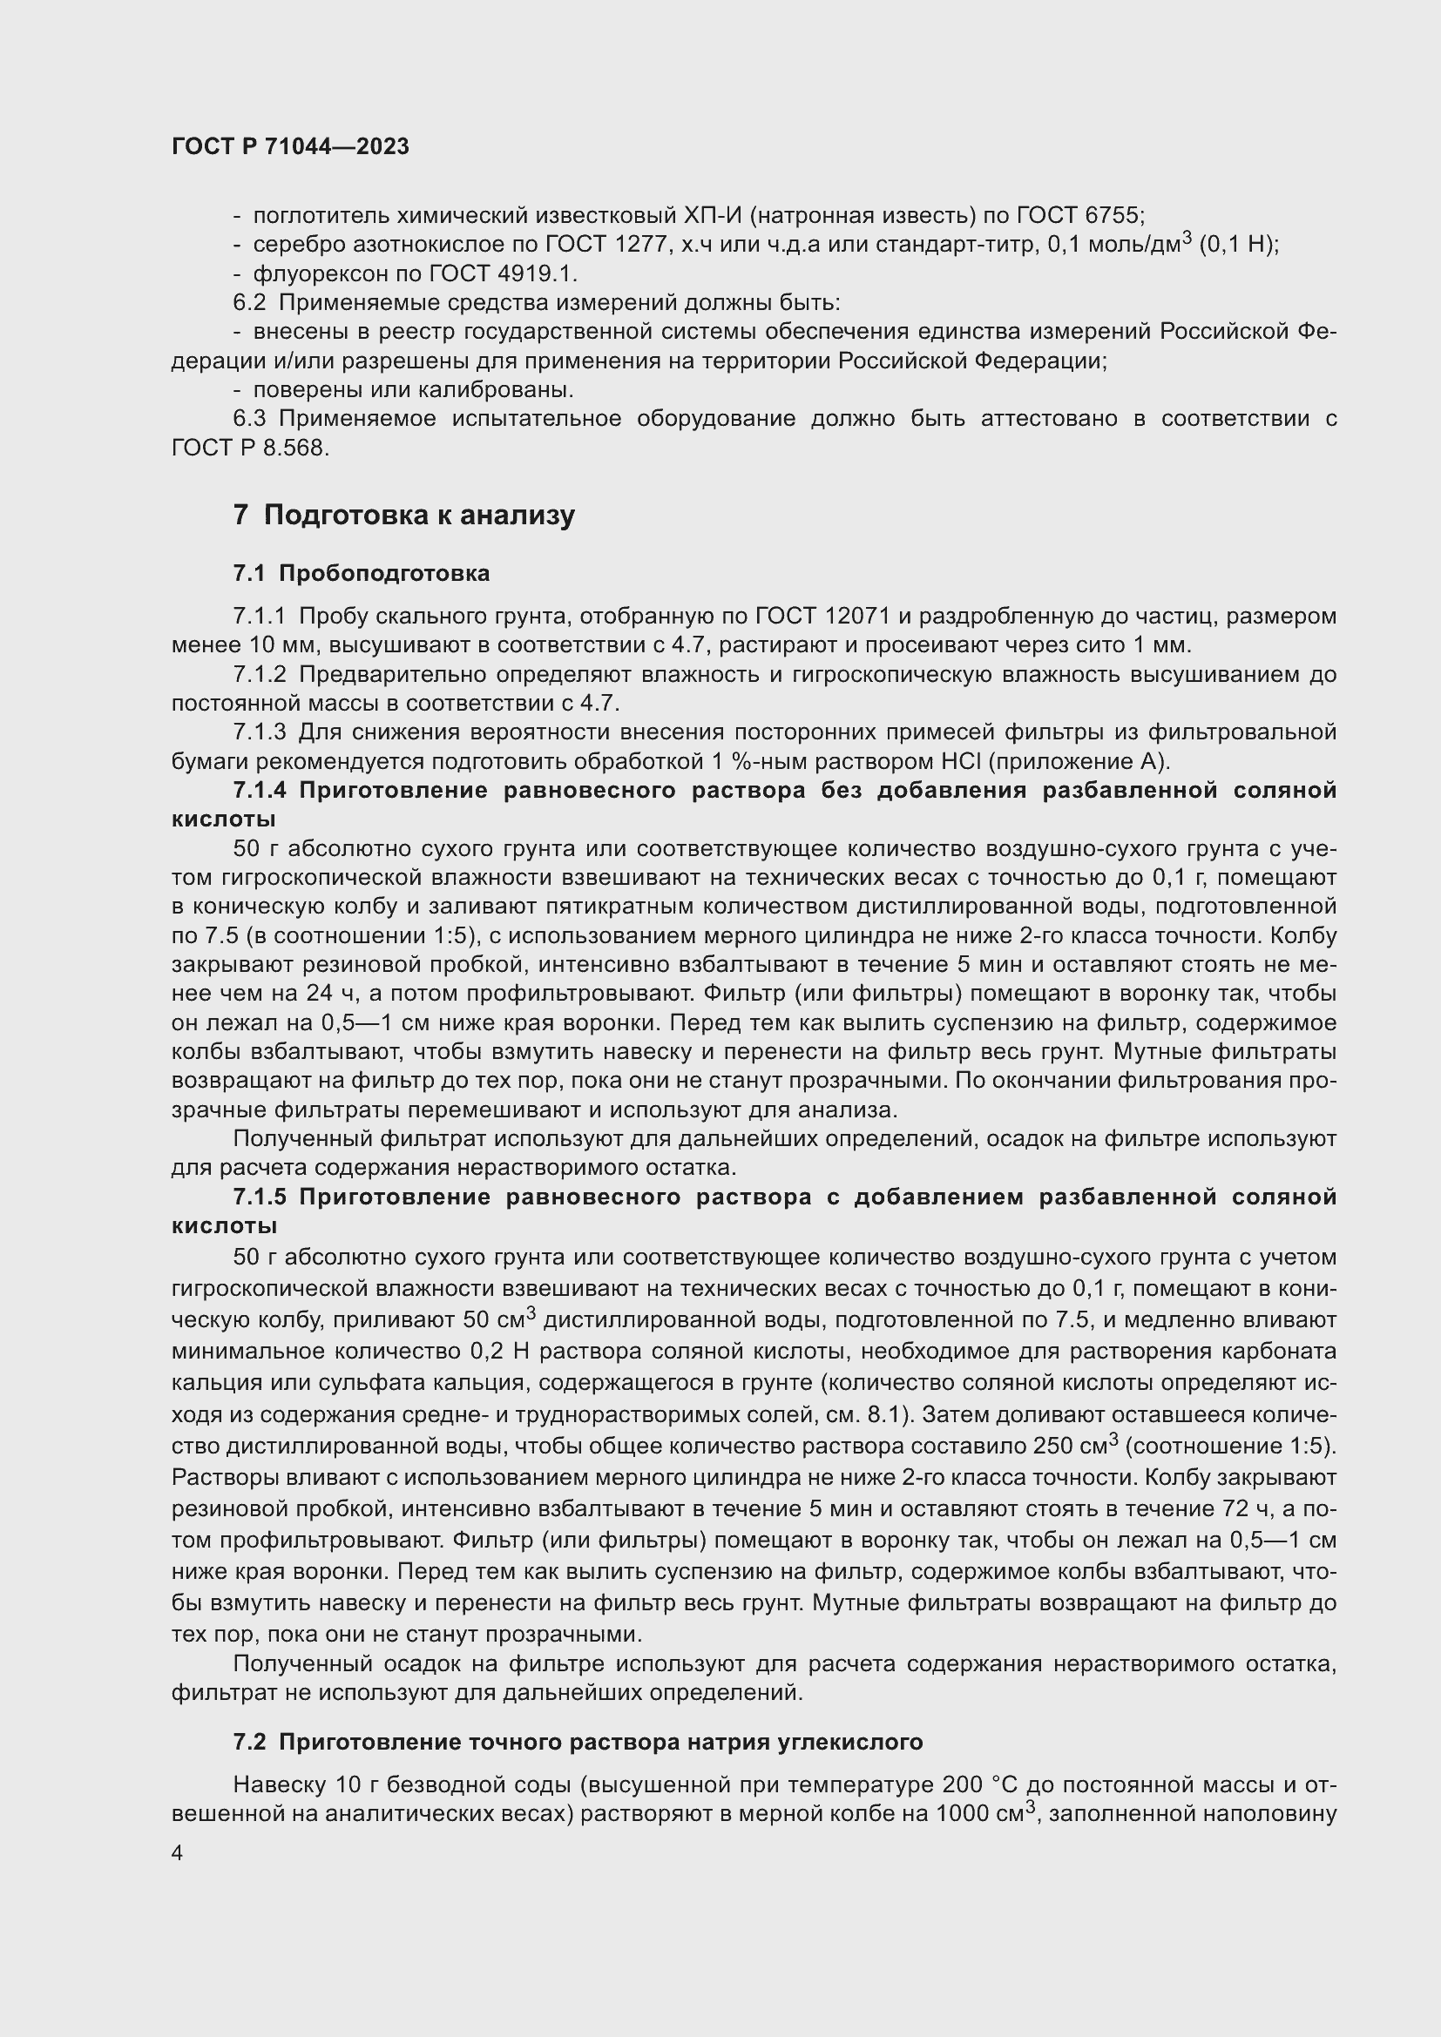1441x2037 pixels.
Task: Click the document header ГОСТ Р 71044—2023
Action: point(290,146)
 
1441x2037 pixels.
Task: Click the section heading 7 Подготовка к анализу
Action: point(403,515)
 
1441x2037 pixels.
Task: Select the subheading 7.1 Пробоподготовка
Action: point(362,573)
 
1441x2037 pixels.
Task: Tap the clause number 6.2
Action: point(248,302)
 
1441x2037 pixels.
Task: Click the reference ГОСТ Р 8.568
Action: point(249,448)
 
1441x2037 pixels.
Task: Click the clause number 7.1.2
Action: point(259,674)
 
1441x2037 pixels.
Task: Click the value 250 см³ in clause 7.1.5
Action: point(1074,1446)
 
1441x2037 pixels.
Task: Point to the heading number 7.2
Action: point(248,1742)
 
